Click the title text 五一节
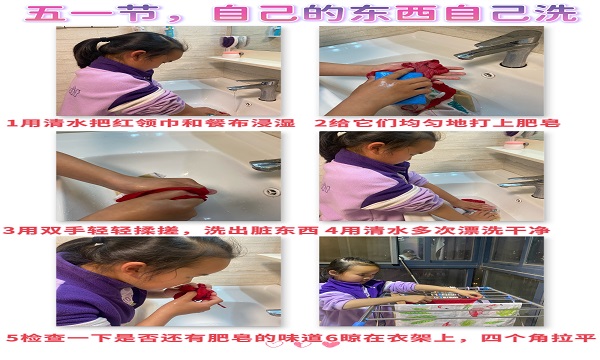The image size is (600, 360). click(x=92, y=13)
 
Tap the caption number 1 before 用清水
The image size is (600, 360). click(x=12, y=123)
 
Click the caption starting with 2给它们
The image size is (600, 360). click(x=437, y=123)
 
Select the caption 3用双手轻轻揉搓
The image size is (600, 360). click(x=91, y=230)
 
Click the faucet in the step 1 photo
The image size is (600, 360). click(x=257, y=89)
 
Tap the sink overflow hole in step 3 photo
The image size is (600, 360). click(x=272, y=192)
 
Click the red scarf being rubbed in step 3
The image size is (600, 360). click(x=165, y=194)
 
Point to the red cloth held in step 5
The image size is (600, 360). click(x=196, y=294)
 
